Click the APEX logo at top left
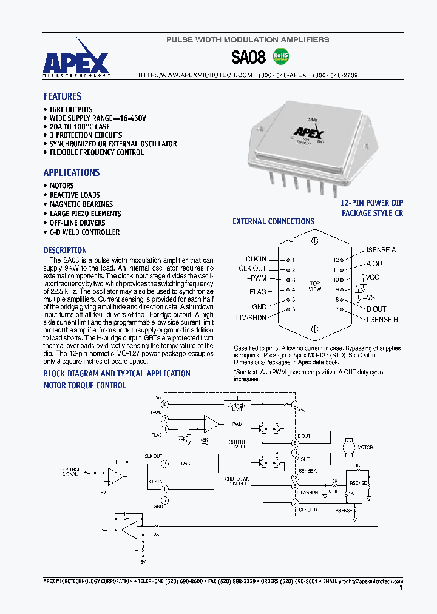click(76, 62)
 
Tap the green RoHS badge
click(281, 56)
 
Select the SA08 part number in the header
click(248, 58)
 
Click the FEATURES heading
click(62, 96)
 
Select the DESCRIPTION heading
click(65, 250)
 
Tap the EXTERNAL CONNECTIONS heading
click(273, 222)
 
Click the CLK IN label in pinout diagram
click(256, 259)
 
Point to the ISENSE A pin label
click(381, 250)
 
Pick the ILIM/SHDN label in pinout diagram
click(250, 317)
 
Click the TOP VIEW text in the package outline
click(315, 286)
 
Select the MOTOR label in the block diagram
click(365, 447)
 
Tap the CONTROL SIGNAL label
click(70, 471)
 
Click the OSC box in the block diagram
click(186, 462)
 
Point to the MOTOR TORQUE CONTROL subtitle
click(85, 385)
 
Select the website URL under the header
click(195, 75)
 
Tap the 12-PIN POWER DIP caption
click(371, 203)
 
